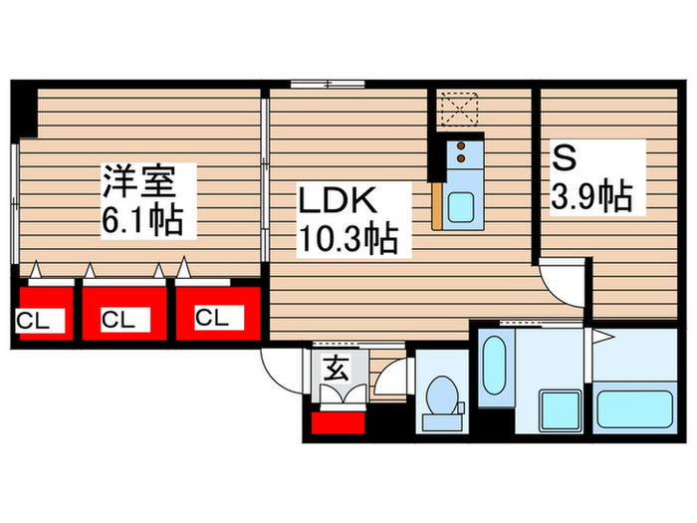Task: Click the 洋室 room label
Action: coord(138,181)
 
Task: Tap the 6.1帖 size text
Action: coord(142,220)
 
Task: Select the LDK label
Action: coord(338,200)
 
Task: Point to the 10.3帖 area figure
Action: coord(348,239)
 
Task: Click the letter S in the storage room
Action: coord(565,157)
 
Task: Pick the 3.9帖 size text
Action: coord(591,196)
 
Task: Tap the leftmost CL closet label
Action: coord(33,321)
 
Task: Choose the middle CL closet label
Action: coord(118,320)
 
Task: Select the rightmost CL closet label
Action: coord(211,318)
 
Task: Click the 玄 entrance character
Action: coord(336,370)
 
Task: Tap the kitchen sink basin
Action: coord(460,207)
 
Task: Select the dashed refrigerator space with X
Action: coord(459,110)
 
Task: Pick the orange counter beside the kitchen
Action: coord(436,206)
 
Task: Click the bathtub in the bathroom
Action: coord(634,408)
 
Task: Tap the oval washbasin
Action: coord(494,366)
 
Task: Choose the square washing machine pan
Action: coord(560,410)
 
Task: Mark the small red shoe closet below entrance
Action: coord(338,423)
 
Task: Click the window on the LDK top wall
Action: coord(328,84)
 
